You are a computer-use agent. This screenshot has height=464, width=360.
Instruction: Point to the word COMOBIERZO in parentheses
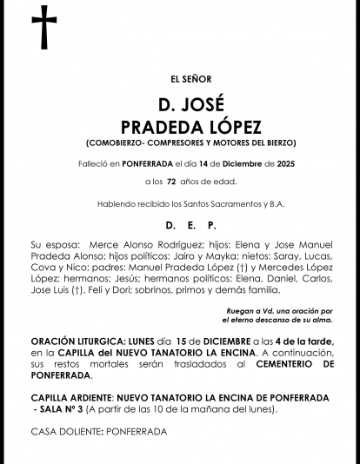coord(121,142)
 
